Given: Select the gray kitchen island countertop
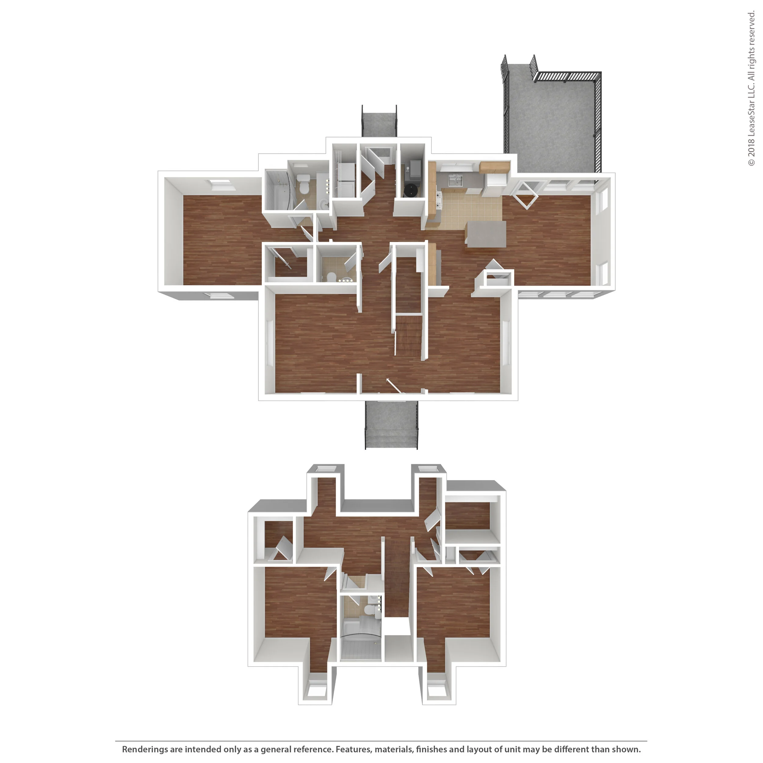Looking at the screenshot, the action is [486, 234].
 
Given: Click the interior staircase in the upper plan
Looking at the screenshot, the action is [409, 308].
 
